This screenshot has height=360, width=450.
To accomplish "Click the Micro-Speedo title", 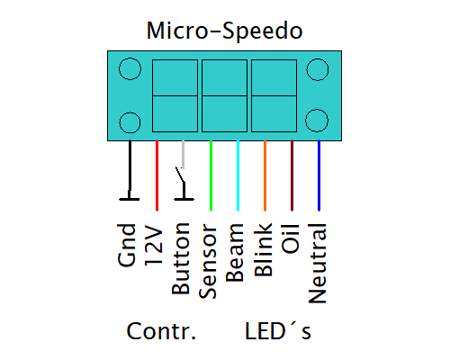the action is tap(224, 31).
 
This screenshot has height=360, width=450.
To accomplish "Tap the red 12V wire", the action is tap(157, 175).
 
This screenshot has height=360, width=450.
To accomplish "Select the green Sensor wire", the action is tap(211, 175).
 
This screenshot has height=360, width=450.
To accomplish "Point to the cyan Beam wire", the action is tap(238, 175).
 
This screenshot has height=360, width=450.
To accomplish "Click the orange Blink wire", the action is tap(265, 175).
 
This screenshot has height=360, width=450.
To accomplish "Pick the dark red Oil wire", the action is tap(292, 175).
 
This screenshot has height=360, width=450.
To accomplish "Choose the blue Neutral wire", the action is tap(319, 175).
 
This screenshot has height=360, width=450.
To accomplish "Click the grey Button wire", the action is tap(183, 154).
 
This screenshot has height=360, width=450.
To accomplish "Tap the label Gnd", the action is tap(127, 245).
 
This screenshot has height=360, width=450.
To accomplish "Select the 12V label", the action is tap(154, 245).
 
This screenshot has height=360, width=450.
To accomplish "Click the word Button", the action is tap(181, 258).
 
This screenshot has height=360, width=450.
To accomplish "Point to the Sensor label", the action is tap(208, 261).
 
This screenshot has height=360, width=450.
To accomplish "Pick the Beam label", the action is tap(235, 253).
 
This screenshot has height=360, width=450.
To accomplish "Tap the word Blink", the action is tap(263, 249).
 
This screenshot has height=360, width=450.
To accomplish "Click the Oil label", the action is tap(290, 238).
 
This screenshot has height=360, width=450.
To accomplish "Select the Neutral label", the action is tap(317, 263).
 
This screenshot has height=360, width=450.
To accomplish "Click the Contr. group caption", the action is tap(161, 331).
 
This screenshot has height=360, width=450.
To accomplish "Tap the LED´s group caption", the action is tap(278, 330).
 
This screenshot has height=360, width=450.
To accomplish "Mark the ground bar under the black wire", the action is tap(130, 199).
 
